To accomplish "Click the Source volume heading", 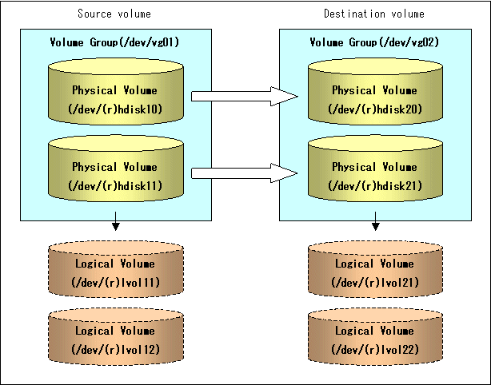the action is pos(114,14).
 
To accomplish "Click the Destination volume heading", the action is pos(374,14).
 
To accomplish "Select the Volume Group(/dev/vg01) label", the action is pos(114,42).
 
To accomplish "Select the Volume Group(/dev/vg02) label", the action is pos(374,42).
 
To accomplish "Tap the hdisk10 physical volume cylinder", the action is pos(116,91).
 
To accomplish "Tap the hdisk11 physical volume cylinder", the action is pos(116,169).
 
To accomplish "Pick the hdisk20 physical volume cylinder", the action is pos(376,91).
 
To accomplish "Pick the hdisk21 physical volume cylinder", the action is pos(376,169).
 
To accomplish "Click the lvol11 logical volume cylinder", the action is pos(116,269).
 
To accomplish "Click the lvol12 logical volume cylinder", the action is pos(116,336).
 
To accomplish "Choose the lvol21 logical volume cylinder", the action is pos(376,269).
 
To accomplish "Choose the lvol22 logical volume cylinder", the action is pos(376,336).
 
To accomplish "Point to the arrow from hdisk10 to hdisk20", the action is pos(245,97).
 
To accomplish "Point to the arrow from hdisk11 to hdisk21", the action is pos(245,173).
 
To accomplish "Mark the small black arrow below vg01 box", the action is pos(116,221).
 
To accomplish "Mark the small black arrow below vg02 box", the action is pos(376,221).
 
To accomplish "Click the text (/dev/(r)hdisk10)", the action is pos(115,109).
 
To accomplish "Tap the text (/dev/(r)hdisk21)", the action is pos(375,186).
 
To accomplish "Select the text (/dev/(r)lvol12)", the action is pos(115,349).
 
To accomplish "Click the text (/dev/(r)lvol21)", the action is pos(375,283).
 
